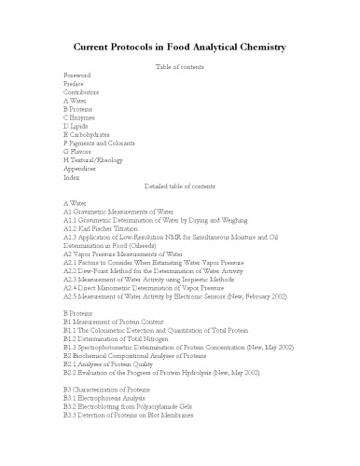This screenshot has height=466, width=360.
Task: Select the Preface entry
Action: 74,83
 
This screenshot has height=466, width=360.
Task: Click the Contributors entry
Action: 82,92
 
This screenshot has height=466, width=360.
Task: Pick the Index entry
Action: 71,179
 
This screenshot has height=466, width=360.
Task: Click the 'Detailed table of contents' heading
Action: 179,188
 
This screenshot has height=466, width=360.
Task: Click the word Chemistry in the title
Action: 251,47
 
